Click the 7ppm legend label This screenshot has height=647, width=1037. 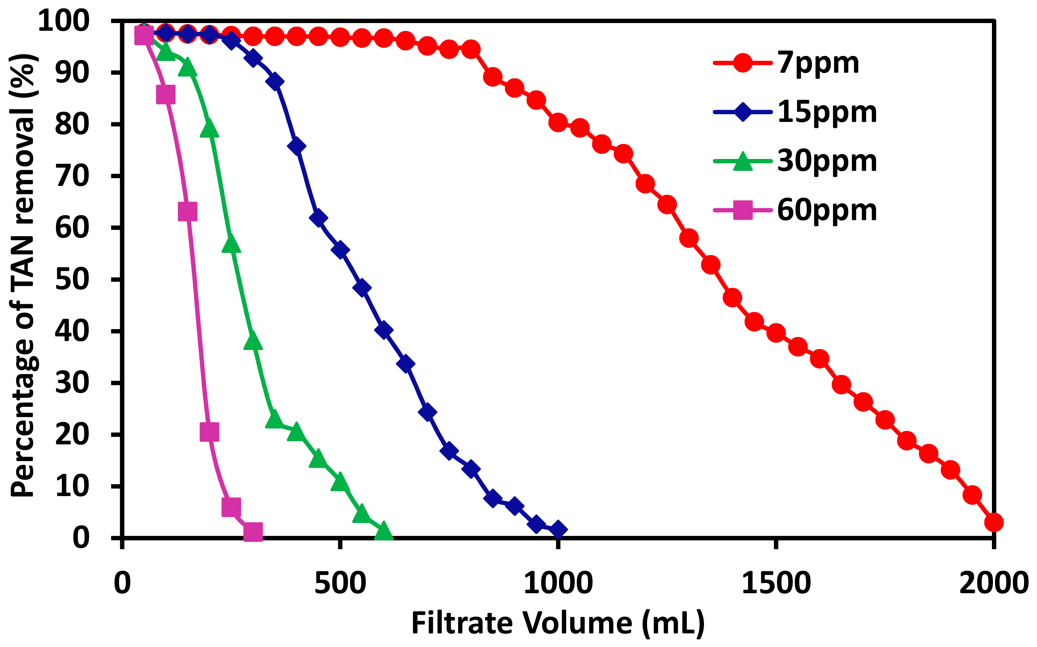coord(818,63)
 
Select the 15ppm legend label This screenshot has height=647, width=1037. coord(827,112)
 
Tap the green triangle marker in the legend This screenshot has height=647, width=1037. coord(742,162)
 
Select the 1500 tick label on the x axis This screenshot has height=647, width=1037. coord(776,583)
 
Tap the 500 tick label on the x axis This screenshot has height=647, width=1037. coord(340,583)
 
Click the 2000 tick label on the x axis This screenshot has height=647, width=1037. coord(993,583)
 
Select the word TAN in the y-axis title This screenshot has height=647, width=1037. coord(22,262)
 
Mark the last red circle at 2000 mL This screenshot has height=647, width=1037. coord(993,522)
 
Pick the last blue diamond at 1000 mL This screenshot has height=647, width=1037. coord(558,529)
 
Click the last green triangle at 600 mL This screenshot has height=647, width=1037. coord(384,531)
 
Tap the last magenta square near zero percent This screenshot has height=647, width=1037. coord(253,531)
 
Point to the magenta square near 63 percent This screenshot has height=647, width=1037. coord(188,211)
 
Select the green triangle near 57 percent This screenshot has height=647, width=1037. coord(231,244)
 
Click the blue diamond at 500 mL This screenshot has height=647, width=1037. coord(340,249)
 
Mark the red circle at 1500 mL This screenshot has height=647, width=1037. coord(776,333)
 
